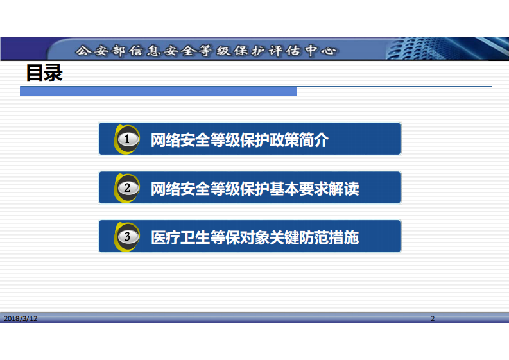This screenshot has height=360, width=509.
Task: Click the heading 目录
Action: [44, 73]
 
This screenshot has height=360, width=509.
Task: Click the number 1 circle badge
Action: [128, 139]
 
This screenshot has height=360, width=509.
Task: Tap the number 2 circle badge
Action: [128, 188]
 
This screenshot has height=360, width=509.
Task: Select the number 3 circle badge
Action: [128, 237]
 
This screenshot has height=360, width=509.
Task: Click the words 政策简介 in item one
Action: [298, 139]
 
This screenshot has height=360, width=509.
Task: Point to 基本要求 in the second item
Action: [298, 188]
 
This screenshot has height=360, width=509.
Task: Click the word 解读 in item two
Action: [344, 188]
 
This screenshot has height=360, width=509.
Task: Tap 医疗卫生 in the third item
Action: [180, 237]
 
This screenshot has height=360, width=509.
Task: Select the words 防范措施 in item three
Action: [329, 237]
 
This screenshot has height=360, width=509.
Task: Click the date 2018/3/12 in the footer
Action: [21, 318]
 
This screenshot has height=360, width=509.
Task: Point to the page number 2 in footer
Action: [433, 318]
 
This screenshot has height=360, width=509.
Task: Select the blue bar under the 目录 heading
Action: [158, 92]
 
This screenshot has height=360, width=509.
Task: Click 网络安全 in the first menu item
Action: [180, 139]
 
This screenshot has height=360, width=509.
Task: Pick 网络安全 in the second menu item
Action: [180, 188]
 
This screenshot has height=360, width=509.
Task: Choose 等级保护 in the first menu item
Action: [239, 139]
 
